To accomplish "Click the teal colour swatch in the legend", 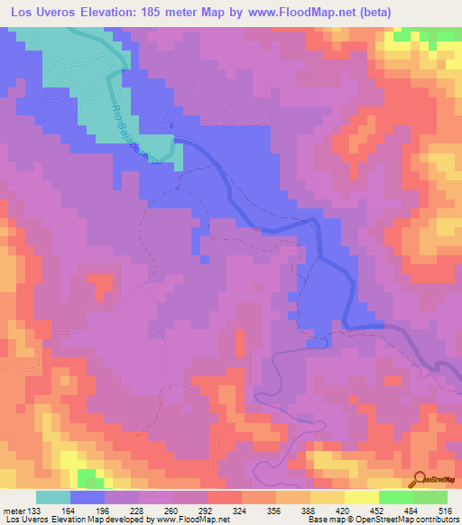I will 53,497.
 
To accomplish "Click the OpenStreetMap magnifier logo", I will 421,479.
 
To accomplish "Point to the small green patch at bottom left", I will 88,475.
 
